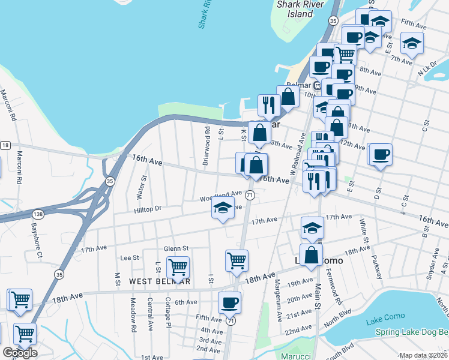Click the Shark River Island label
tap(295, 9)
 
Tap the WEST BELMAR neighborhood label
tap(159, 281)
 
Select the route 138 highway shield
tap(38, 214)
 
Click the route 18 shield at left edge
tap(5, 145)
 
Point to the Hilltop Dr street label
tap(132, 208)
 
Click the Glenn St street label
tap(176, 248)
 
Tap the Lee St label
tap(130, 257)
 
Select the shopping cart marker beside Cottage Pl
tap(178, 267)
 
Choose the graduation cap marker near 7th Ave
tap(412, 43)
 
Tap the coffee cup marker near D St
tap(380, 155)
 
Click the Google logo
tap(20, 353)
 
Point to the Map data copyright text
tap(423, 355)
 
